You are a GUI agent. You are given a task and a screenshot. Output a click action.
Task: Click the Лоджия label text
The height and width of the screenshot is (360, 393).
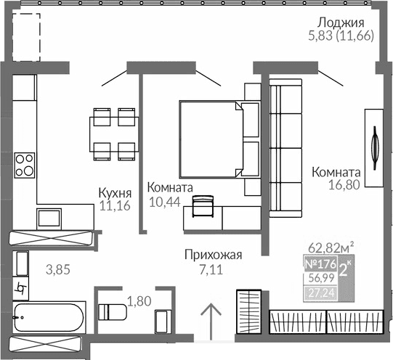[x=340, y=22]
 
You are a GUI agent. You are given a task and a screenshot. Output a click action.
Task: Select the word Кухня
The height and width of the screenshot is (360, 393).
[x=115, y=193]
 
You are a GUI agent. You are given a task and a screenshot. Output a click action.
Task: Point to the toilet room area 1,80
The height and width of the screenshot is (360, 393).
[x=139, y=299]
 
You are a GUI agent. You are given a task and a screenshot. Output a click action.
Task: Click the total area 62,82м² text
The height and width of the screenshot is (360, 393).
[x=331, y=245]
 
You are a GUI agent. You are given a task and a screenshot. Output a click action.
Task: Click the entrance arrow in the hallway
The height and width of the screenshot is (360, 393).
[x=211, y=319]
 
